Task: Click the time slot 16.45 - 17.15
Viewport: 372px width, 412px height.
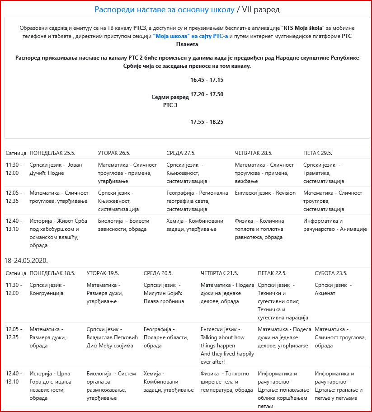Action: click(207, 80)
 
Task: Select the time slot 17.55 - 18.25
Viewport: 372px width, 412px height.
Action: click(207, 122)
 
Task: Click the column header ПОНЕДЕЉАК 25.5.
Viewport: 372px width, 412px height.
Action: click(52, 153)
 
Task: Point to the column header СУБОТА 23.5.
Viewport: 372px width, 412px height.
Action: click(331, 273)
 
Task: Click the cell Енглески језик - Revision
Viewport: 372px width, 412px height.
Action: click(265, 193)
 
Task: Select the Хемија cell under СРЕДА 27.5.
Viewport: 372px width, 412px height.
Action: click(195, 225)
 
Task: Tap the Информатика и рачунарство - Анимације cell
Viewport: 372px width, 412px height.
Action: click(334, 225)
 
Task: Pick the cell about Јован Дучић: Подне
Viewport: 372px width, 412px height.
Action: click(56, 169)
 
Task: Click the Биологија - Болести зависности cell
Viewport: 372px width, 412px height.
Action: click(123, 225)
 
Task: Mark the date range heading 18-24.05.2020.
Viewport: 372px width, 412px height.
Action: click(26, 261)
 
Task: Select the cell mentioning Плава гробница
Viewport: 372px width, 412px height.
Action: click(164, 293)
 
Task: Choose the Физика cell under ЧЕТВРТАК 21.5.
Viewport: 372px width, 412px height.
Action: click(226, 382)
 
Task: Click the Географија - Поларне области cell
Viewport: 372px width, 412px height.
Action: click(165, 337)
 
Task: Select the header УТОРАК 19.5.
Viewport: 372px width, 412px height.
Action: click(103, 273)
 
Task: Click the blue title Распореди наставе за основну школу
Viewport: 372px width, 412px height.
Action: click(165, 9)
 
